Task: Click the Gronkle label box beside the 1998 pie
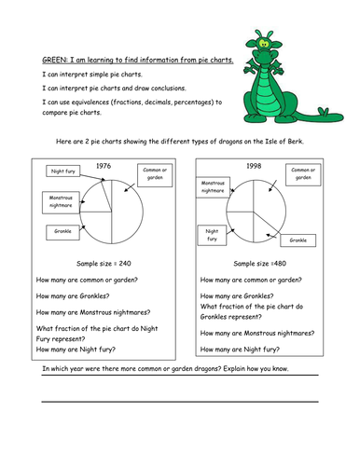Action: click(x=298, y=240)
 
